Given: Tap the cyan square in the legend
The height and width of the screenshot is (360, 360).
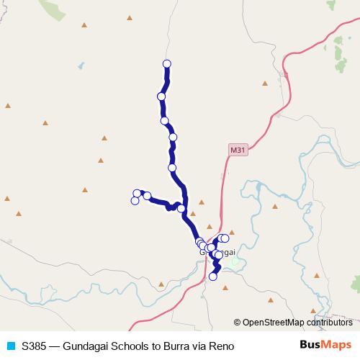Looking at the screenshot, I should tap(11, 346).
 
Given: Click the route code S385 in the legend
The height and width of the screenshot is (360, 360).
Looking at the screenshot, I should tap(35, 346).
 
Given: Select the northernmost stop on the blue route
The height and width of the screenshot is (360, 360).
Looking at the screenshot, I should tap(167, 64).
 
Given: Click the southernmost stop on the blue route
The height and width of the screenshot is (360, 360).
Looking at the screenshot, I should tap(213, 276).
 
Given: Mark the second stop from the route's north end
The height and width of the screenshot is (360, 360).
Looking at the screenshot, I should tap(161, 96).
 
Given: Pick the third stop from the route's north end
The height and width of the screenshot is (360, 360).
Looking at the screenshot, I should tap(165, 120).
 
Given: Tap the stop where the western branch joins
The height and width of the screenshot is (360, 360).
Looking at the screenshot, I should tap(181, 209).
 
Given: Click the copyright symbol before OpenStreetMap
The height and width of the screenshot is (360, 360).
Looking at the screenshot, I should tap(238, 323).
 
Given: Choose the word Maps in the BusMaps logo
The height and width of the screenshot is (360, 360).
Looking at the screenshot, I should tap(333, 345).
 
